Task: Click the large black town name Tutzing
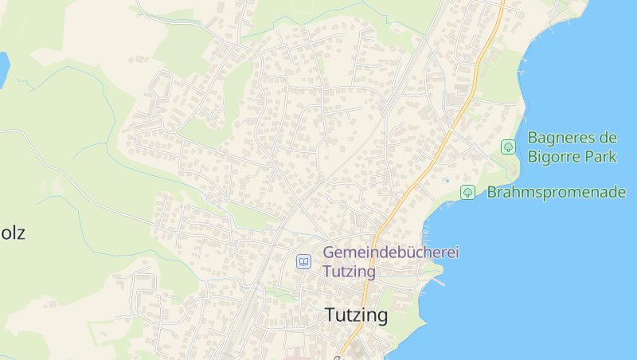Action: click(356, 315)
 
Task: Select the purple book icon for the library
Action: click(303, 261)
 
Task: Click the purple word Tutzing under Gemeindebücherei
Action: click(349, 270)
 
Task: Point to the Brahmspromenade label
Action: click(556, 192)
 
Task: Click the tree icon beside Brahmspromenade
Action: click(467, 192)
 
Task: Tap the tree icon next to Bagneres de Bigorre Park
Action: click(508, 147)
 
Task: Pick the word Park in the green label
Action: click(601, 156)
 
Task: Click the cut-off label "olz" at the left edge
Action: click(13, 233)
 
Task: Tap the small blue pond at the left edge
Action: click(3, 68)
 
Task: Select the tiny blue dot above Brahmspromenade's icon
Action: click(447, 180)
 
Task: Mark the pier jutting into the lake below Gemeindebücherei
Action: click(438, 280)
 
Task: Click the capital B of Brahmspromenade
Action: click(492, 192)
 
